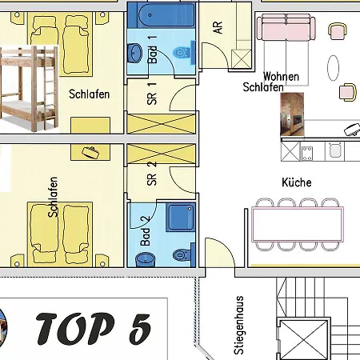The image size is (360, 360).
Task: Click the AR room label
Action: pyautogui.click(x=218, y=27)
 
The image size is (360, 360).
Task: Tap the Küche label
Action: pyautogui.click(x=297, y=182)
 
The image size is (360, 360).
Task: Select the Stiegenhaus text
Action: pyautogui.click(x=238, y=325)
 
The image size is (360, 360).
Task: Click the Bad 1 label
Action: pyautogui.click(x=152, y=50)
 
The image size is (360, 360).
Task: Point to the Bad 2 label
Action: pyautogui.click(x=146, y=230)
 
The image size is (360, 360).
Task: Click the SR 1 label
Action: pyautogui.click(x=152, y=94)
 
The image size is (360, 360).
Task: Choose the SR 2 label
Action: pyautogui.click(x=152, y=174)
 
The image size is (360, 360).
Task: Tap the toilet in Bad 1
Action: pyautogui.click(x=182, y=53)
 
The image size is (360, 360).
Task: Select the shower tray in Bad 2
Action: pyautogui.click(x=181, y=217)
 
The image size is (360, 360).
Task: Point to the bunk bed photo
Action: pyautogui.click(x=29, y=90)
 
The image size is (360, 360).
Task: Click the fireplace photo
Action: pyautogui.click(x=292, y=114)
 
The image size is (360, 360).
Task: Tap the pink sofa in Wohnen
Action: pyautogui.click(x=286, y=27)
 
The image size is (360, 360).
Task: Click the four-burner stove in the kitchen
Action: pyautogui.click(x=306, y=154)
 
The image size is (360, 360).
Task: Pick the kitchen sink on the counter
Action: pyautogui.click(x=334, y=150)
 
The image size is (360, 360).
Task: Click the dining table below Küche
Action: pyautogui.click(x=298, y=224)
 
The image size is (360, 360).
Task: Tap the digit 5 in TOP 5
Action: pyautogui.click(x=139, y=330)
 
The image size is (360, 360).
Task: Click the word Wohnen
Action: pyautogui.click(x=281, y=77)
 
